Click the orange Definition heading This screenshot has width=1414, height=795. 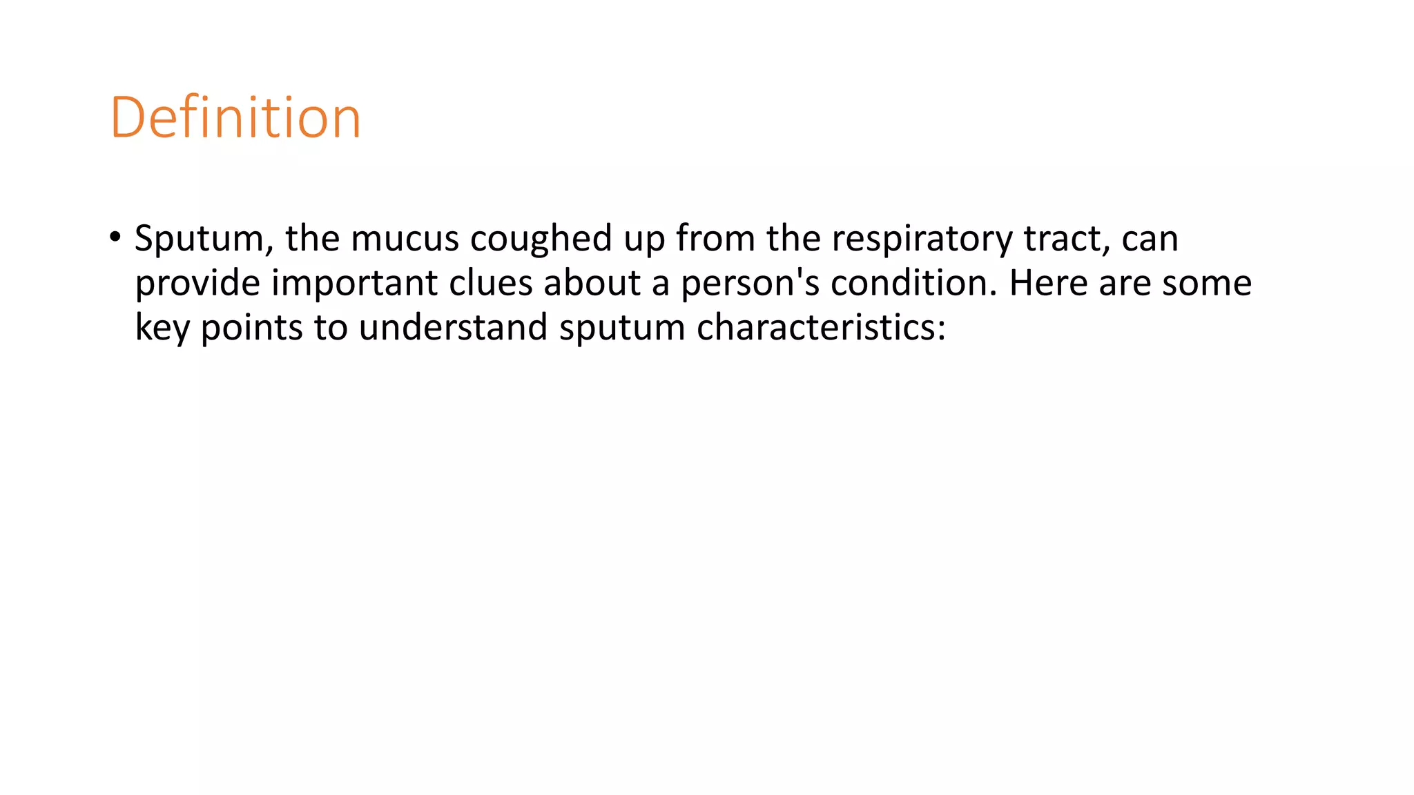tap(235, 118)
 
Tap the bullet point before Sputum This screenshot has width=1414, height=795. tap(115, 237)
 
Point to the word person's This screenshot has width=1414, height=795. tap(750, 284)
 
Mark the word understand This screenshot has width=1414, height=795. tap(453, 327)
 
